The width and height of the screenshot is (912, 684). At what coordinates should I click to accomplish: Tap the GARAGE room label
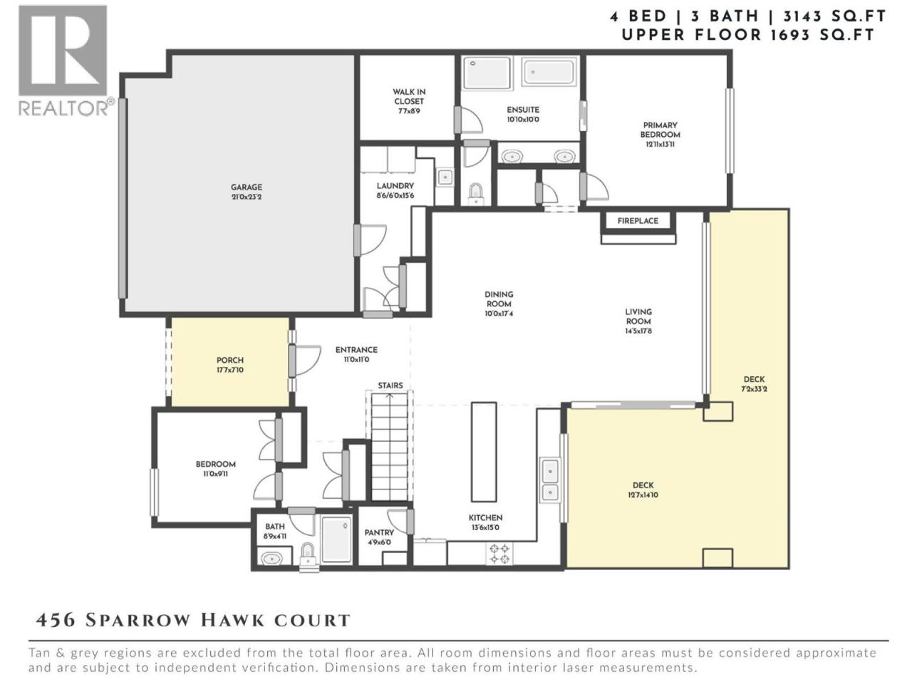(247, 187)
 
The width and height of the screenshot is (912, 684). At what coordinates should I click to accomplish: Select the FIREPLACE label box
(638, 221)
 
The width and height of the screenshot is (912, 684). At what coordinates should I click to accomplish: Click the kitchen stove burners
(499, 553)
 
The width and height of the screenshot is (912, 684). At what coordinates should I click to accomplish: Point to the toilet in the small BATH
(308, 554)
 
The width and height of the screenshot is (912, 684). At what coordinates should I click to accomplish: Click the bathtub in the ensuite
(549, 72)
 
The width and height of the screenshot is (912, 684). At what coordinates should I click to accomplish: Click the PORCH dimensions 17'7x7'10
(229, 370)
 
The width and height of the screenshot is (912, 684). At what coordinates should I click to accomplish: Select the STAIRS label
(390, 385)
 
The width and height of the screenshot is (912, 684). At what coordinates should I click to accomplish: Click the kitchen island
(484, 452)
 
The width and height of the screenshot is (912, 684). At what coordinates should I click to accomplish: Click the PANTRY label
(379, 532)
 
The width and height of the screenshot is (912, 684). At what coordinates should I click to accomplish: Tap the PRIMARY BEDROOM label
(660, 130)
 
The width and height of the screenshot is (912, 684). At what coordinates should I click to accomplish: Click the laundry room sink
(445, 177)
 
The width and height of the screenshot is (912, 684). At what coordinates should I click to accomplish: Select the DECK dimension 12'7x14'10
(643, 494)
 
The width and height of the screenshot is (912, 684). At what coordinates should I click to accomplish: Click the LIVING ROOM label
(638, 316)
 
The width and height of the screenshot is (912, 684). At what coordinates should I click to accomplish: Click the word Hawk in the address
(233, 620)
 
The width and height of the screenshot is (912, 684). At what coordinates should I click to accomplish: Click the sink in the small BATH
(271, 558)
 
